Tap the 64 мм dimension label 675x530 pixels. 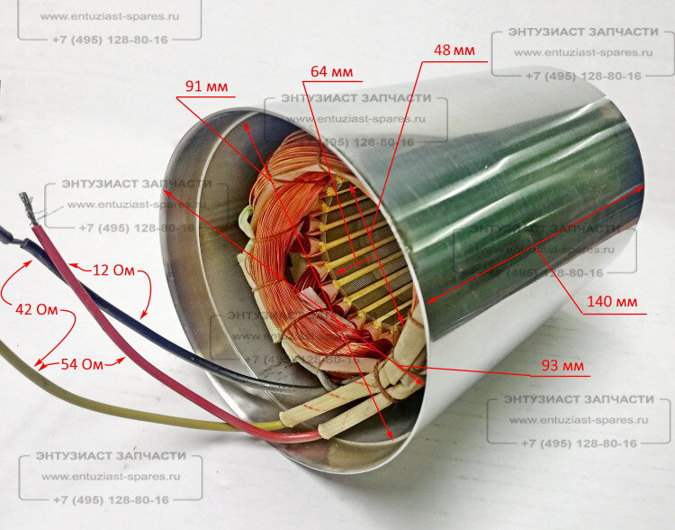point(331,71)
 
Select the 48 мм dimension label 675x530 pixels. point(454,50)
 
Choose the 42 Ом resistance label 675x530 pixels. point(36,308)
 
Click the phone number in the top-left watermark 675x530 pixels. point(109,40)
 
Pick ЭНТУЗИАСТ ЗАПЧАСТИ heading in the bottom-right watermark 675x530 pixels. point(579,399)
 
